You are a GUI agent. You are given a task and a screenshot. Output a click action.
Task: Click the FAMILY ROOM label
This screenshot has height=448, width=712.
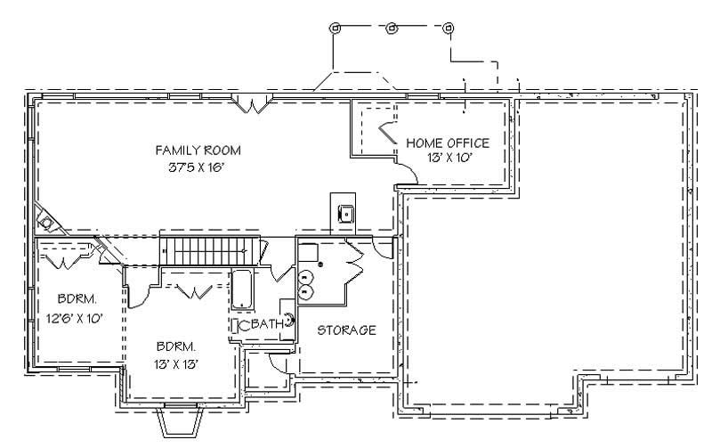pos(198,150)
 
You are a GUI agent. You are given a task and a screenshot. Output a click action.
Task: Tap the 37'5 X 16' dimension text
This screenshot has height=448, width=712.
pos(198,167)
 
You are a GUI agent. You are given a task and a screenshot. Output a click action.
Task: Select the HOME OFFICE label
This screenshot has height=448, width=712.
pos(448,143)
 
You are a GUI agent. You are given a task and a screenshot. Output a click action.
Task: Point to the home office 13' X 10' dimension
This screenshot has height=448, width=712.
pos(448,158)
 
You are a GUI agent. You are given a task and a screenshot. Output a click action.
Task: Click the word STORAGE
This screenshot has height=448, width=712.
pos(346,330)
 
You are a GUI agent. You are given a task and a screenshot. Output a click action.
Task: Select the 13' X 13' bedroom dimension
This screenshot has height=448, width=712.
pos(172,363)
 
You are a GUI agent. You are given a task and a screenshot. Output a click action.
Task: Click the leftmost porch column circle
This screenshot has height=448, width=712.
pos(335,28)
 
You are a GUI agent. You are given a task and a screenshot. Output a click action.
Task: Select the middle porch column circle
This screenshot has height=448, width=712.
pos(391,28)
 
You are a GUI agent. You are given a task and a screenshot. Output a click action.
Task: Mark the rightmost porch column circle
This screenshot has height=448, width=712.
pos(448,28)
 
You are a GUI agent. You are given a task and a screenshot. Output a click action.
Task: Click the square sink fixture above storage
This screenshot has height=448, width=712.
pos(344,213)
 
